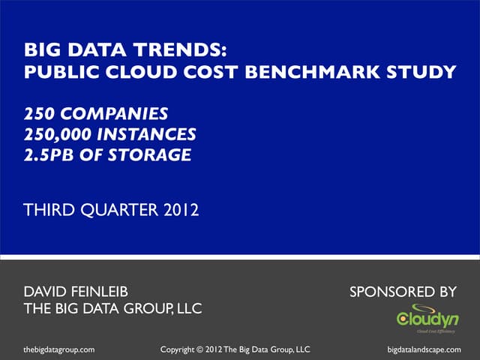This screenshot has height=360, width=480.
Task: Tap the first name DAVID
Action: coord(49,291)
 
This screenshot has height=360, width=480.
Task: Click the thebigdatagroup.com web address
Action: coord(59,349)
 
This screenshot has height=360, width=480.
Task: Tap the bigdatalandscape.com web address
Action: coord(424,349)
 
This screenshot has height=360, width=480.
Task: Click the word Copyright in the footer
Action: coord(182,349)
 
